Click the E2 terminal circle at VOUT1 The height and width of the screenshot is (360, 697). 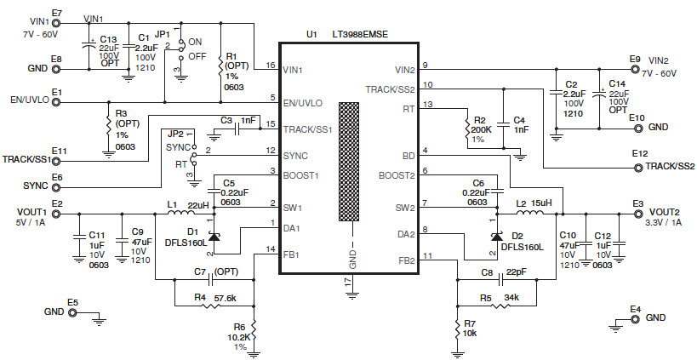click(57, 215)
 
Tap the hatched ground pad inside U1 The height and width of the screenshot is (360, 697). click(350, 163)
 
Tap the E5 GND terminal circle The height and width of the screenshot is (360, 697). click(72, 312)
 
